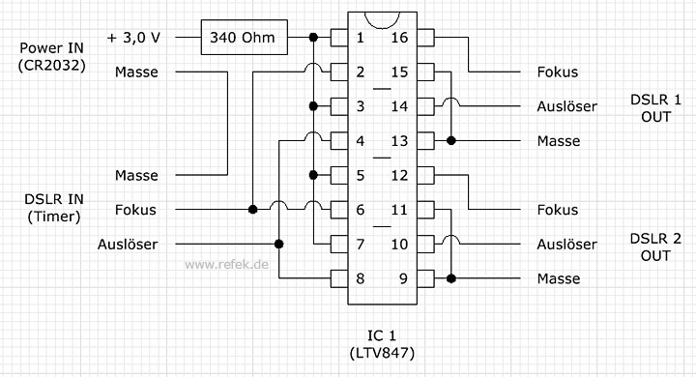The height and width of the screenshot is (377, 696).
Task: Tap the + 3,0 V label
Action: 133,38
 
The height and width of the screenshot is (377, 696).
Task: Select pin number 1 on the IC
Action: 360,38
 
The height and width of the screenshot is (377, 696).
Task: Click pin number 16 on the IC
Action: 399,38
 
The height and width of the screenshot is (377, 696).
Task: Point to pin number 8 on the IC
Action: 360,278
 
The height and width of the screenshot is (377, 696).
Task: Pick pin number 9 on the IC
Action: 403,278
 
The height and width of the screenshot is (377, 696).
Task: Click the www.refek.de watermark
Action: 226,265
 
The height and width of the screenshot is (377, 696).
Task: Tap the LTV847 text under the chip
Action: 382,354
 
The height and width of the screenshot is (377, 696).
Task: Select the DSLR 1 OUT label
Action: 655,108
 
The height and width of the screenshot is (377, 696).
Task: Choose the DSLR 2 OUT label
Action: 655,246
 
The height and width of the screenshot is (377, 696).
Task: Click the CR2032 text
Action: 52,66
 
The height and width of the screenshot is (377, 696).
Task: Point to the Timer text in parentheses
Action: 54,217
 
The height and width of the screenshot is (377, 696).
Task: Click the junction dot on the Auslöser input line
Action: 278,244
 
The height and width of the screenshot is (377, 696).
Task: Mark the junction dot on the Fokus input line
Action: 252,209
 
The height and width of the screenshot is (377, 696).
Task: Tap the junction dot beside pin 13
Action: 451,141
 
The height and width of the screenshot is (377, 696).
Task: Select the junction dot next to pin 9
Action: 451,278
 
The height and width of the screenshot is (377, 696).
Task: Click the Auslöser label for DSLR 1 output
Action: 566,106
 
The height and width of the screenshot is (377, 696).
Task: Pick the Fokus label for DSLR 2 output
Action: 558,210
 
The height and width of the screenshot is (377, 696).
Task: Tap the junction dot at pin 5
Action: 313,175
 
